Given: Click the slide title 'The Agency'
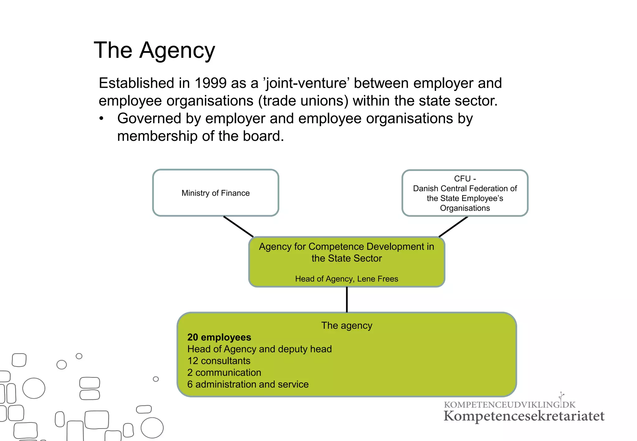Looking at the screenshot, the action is (x=154, y=51).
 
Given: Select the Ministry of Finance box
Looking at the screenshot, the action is (x=216, y=193).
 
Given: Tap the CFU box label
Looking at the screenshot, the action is (x=465, y=193).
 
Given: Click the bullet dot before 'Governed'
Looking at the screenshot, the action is (x=101, y=119).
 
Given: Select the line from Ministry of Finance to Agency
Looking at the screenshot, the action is (x=238, y=226).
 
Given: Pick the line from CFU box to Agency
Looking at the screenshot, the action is (x=453, y=227).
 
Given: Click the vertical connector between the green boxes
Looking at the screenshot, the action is (x=347, y=299).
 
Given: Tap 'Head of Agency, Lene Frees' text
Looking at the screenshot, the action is (x=346, y=279).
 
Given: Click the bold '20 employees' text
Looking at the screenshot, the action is (x=219, y=337).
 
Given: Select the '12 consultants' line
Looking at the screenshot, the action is (x=219, y=361).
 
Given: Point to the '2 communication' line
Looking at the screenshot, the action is (x=224, y=373).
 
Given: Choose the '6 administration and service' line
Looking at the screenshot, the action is (x=248, y=384).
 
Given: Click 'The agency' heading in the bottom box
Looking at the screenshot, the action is (x=346, y=326).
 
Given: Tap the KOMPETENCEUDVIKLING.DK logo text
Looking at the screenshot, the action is (x=509, y=405).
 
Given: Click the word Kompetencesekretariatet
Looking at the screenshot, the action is (x=524, y=416).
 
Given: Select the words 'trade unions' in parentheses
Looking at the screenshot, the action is (x=303, y=101).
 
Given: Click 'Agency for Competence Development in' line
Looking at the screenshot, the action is (x=346, y=247).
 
